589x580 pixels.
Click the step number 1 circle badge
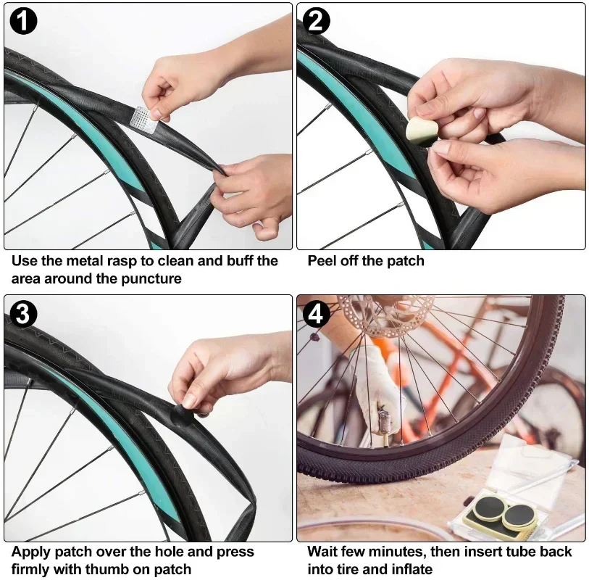pyautogui.click(x=22, y=22)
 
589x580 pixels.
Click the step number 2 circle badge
pyautogui.click(x=316, y=22)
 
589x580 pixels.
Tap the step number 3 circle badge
pyautogui.click(x=22, y=314)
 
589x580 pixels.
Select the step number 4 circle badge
pyautogui.click(x=316, y=314)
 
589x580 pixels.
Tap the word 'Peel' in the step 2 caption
pyautogui.click(x=322, y=261)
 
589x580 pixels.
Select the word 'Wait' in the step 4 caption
pyautogui.click(x=322, y=552)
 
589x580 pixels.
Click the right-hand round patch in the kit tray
pyautogui.click(x=519, y=515)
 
